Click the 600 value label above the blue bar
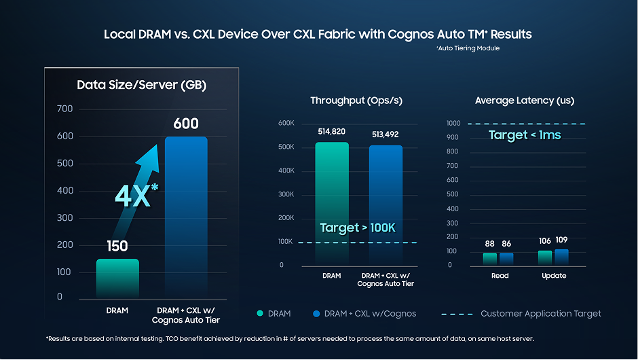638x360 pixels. point(186,124)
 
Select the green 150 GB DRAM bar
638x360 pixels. point(117,278)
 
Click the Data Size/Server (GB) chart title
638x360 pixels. point(141,86)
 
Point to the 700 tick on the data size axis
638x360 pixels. point(64,109)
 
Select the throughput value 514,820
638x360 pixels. point(332,132)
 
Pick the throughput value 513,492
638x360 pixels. point(386,134)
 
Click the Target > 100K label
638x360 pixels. point(357,228)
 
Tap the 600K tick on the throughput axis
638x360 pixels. point(286,123)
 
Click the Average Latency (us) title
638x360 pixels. point(525,101)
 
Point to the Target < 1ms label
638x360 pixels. point(525,135)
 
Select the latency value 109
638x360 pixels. point(561,240)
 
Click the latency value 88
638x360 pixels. point(490,244)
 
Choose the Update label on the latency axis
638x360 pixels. point(554,276)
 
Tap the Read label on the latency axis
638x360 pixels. point(500,276)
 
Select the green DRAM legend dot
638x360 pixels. point(259,314)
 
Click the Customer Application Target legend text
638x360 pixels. point(541,314)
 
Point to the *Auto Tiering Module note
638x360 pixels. point(468,48)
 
